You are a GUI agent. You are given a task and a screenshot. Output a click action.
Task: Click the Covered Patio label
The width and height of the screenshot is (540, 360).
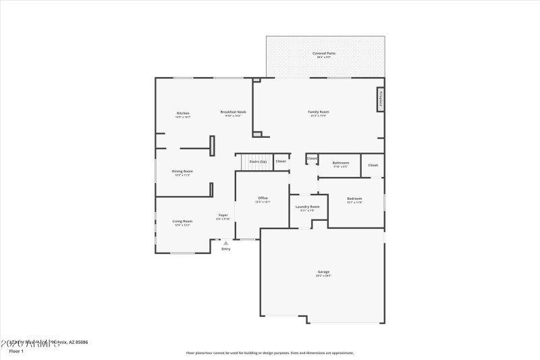point(324,53)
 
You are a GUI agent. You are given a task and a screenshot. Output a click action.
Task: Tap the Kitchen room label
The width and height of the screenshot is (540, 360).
point(183,113)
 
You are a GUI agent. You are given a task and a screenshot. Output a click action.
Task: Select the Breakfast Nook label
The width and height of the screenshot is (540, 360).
point(233,111)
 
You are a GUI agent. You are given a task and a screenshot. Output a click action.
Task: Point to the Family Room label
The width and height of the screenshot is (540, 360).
point(319,111)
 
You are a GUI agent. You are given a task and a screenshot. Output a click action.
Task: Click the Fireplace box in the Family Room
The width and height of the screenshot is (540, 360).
point(381,98)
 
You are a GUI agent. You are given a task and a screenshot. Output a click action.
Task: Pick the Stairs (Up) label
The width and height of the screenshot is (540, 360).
point(258,161)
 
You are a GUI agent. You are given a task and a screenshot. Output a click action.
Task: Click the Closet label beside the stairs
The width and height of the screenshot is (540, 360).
point(281,161)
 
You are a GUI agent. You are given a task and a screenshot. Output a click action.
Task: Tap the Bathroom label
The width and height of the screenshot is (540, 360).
point(341,163)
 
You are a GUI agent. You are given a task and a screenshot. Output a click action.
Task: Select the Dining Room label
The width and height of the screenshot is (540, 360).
point(183,171)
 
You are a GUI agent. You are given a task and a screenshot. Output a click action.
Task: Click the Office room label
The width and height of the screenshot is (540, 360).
point(263,198)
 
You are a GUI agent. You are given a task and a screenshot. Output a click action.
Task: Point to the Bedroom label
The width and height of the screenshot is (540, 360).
point(354,198)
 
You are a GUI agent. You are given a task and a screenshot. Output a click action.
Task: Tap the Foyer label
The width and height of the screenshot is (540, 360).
point(223,215)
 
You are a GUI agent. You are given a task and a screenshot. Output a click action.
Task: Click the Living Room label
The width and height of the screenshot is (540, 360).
point(182,221)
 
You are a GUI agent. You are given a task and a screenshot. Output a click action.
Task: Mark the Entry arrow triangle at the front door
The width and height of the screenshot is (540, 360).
point(225,243)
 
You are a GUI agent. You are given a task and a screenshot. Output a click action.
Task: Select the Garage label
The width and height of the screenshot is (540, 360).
point(324,272)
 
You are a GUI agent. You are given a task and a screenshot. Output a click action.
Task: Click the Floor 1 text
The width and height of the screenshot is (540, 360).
point(16,351)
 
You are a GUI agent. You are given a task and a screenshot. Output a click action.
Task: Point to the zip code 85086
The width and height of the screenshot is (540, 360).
point(80,342)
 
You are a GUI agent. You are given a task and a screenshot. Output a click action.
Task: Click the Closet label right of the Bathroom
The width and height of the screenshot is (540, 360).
point(373,165)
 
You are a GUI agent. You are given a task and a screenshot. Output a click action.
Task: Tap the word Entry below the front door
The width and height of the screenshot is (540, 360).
point(225,249)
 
